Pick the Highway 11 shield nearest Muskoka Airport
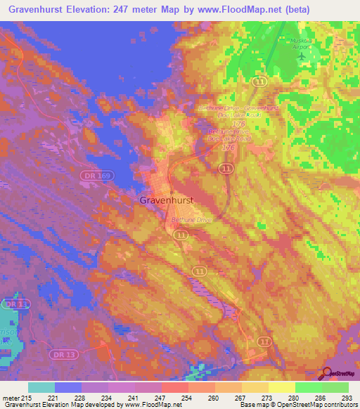tap(261, 82)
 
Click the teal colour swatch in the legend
tap(41, 387)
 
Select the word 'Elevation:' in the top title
tap(101, 9)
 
